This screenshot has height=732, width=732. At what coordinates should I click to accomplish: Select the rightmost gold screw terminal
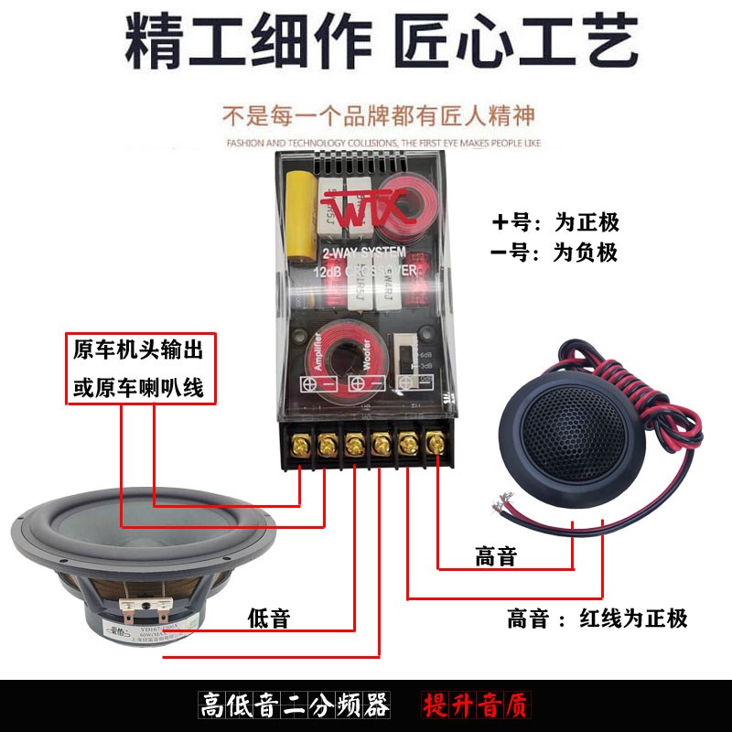tap(436, 446)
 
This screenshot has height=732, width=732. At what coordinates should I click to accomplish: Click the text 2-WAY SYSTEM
tap(364, 253)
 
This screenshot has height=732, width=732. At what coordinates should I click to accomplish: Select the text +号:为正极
tap(555, 222)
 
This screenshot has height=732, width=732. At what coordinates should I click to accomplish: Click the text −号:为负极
tap(555, 253)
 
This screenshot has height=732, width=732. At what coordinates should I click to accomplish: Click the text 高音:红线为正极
tap(597, 619)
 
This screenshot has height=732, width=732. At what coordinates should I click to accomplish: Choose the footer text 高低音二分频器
tap(296, 706)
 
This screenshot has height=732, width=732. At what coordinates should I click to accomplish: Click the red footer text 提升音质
tap(475, 706)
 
